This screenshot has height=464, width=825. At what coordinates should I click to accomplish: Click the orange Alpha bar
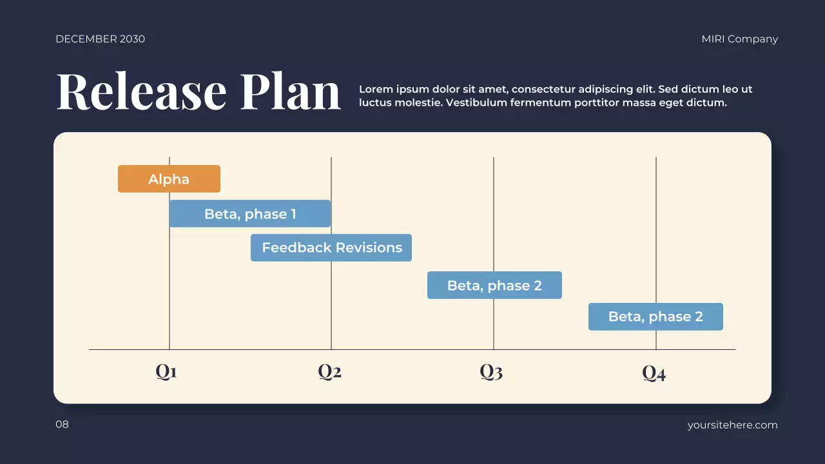tap(169, 179)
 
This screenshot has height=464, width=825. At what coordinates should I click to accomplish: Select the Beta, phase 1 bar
tap(250, 214)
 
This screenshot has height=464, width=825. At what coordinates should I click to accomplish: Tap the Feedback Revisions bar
tap(331, 248)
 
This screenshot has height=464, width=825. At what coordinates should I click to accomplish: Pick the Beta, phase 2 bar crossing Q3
tap(494, 285)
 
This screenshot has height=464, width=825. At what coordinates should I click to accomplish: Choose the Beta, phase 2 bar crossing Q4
tap(655, 317)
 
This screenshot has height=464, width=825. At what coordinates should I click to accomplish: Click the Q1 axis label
tap(166, 372)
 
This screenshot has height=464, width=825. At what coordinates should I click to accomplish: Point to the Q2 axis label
tap(329, 372)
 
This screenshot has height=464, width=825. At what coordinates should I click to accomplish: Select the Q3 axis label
tap(491, 372)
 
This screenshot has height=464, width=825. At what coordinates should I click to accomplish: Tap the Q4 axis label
tap(654, 373)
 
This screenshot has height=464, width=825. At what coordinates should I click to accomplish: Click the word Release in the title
tap(142, 92)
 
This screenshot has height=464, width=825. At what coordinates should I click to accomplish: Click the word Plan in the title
tap(291, 92)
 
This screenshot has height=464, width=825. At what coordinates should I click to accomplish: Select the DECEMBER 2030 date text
tap(100, 39)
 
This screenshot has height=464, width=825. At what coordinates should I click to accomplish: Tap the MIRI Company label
tap(739, 39)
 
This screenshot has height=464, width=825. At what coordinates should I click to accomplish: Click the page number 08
tap(62, 425)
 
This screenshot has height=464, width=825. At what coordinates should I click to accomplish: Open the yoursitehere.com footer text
tap(732, 425)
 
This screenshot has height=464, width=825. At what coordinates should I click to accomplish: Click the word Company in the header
tap(753, 39)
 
